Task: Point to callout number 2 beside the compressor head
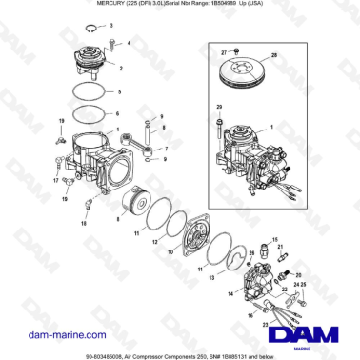tap(120, 69)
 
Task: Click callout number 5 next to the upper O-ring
tap(120, 92)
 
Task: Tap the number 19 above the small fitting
tap(62, 121)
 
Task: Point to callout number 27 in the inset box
tap(224, 50)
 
